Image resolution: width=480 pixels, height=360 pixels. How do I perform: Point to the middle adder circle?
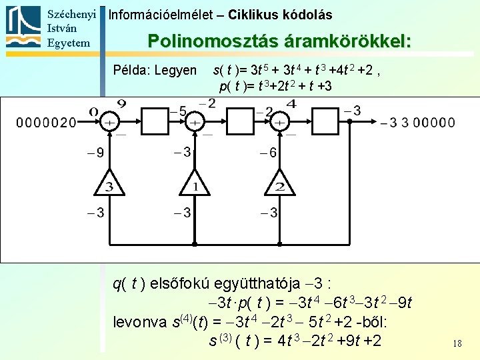coord(195,123)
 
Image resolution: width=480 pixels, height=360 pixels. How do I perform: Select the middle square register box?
coord(237,123)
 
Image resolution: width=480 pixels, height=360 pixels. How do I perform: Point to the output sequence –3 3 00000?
coord(417,123)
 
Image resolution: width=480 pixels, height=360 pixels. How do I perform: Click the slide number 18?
coord(457,343)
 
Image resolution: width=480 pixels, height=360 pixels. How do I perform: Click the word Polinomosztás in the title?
coord(204,41)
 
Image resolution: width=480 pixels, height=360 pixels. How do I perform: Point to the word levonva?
coord(139,322)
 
